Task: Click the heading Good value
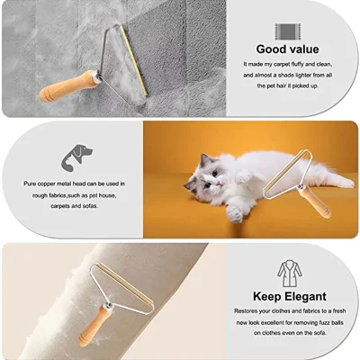click(289, 49)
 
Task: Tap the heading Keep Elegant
click(289, 295)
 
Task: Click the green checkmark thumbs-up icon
click(289, 23)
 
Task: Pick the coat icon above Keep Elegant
click(288, 271)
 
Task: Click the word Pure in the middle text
click(31, 184)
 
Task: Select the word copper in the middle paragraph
click(56, 184)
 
